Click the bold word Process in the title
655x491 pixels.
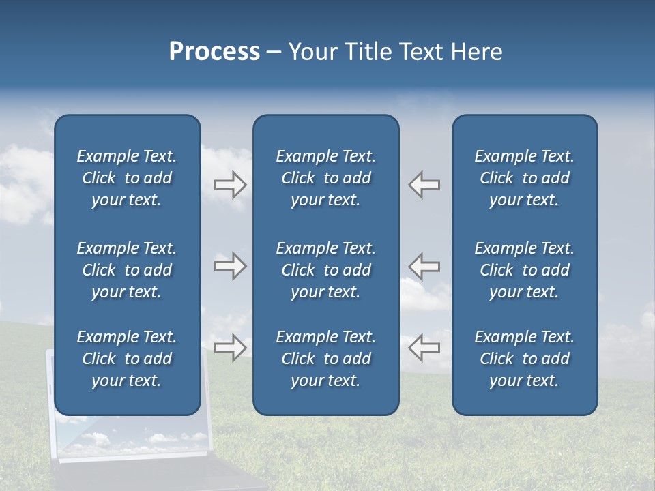(x=214, y=52)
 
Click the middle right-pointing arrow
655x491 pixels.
(x=231, y=266)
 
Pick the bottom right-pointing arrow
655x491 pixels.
(x=231, y=347)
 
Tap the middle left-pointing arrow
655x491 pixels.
(x=424, y=266)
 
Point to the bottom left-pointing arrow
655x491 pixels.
(x=424, y=347)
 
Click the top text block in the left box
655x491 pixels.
(x=127, y=178)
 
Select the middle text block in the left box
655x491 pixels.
(x=127, y=270)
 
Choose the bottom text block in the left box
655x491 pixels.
(x=127, y=359)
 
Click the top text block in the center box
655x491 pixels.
(x=326, y=178)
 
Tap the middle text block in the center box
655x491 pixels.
(x=326, y=270)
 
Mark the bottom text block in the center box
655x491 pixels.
(x=326, y=359)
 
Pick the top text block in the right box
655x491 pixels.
(x=525, y=178)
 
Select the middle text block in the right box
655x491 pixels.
(x=525, y=270)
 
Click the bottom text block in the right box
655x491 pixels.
(x=525, y=359)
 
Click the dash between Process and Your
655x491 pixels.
(x=274, y=53)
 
